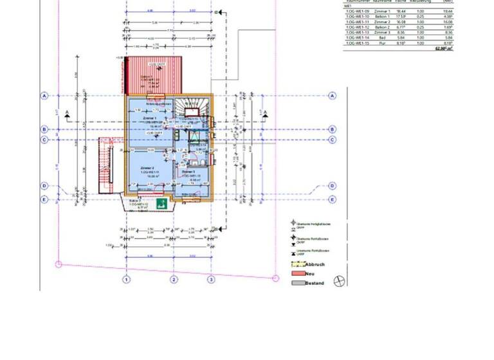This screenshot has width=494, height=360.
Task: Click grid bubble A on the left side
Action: tap(44, 96)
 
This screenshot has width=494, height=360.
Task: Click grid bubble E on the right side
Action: tap(333, 199)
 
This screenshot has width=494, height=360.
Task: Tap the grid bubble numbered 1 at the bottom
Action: tap(127, 279)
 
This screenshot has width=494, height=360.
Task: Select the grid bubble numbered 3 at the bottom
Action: tap(210, 279)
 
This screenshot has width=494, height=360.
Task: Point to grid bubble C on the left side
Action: tap(44, 139)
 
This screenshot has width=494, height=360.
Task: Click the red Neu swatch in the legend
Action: tap(298, 274)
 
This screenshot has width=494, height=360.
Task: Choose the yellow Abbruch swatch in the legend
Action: tap(298, 264)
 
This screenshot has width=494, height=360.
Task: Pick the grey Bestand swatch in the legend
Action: tap(298, 283)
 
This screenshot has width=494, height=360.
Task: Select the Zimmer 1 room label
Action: tap(149, 119)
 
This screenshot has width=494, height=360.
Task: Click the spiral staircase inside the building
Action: tap(193, 105)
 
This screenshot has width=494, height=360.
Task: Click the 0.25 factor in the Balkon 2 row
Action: tap(421, 27)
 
